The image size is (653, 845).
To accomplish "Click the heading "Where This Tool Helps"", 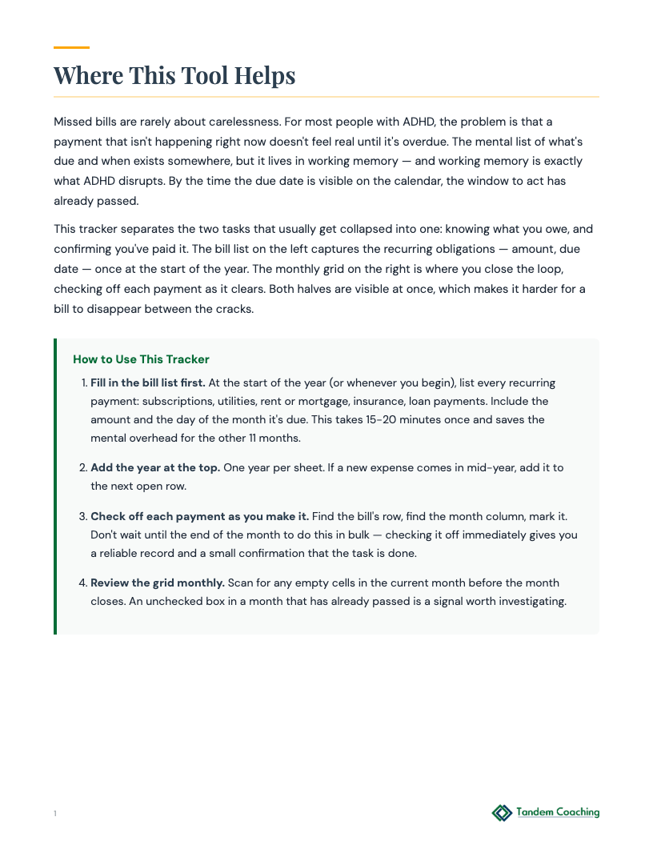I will pos(174,75).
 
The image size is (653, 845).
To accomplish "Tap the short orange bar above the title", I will pos(71,48).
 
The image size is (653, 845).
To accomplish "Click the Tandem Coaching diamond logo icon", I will pos(502,813).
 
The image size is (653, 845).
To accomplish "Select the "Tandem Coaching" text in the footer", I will pos(558,812).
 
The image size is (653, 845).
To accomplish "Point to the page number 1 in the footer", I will pos(55,814).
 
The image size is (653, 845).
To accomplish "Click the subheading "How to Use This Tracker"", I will pos(141,359).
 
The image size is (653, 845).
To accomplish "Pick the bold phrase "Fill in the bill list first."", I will pos(148,382).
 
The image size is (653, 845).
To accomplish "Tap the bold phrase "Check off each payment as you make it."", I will pos(199,516).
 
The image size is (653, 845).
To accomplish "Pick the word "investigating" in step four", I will pos(529,602).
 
